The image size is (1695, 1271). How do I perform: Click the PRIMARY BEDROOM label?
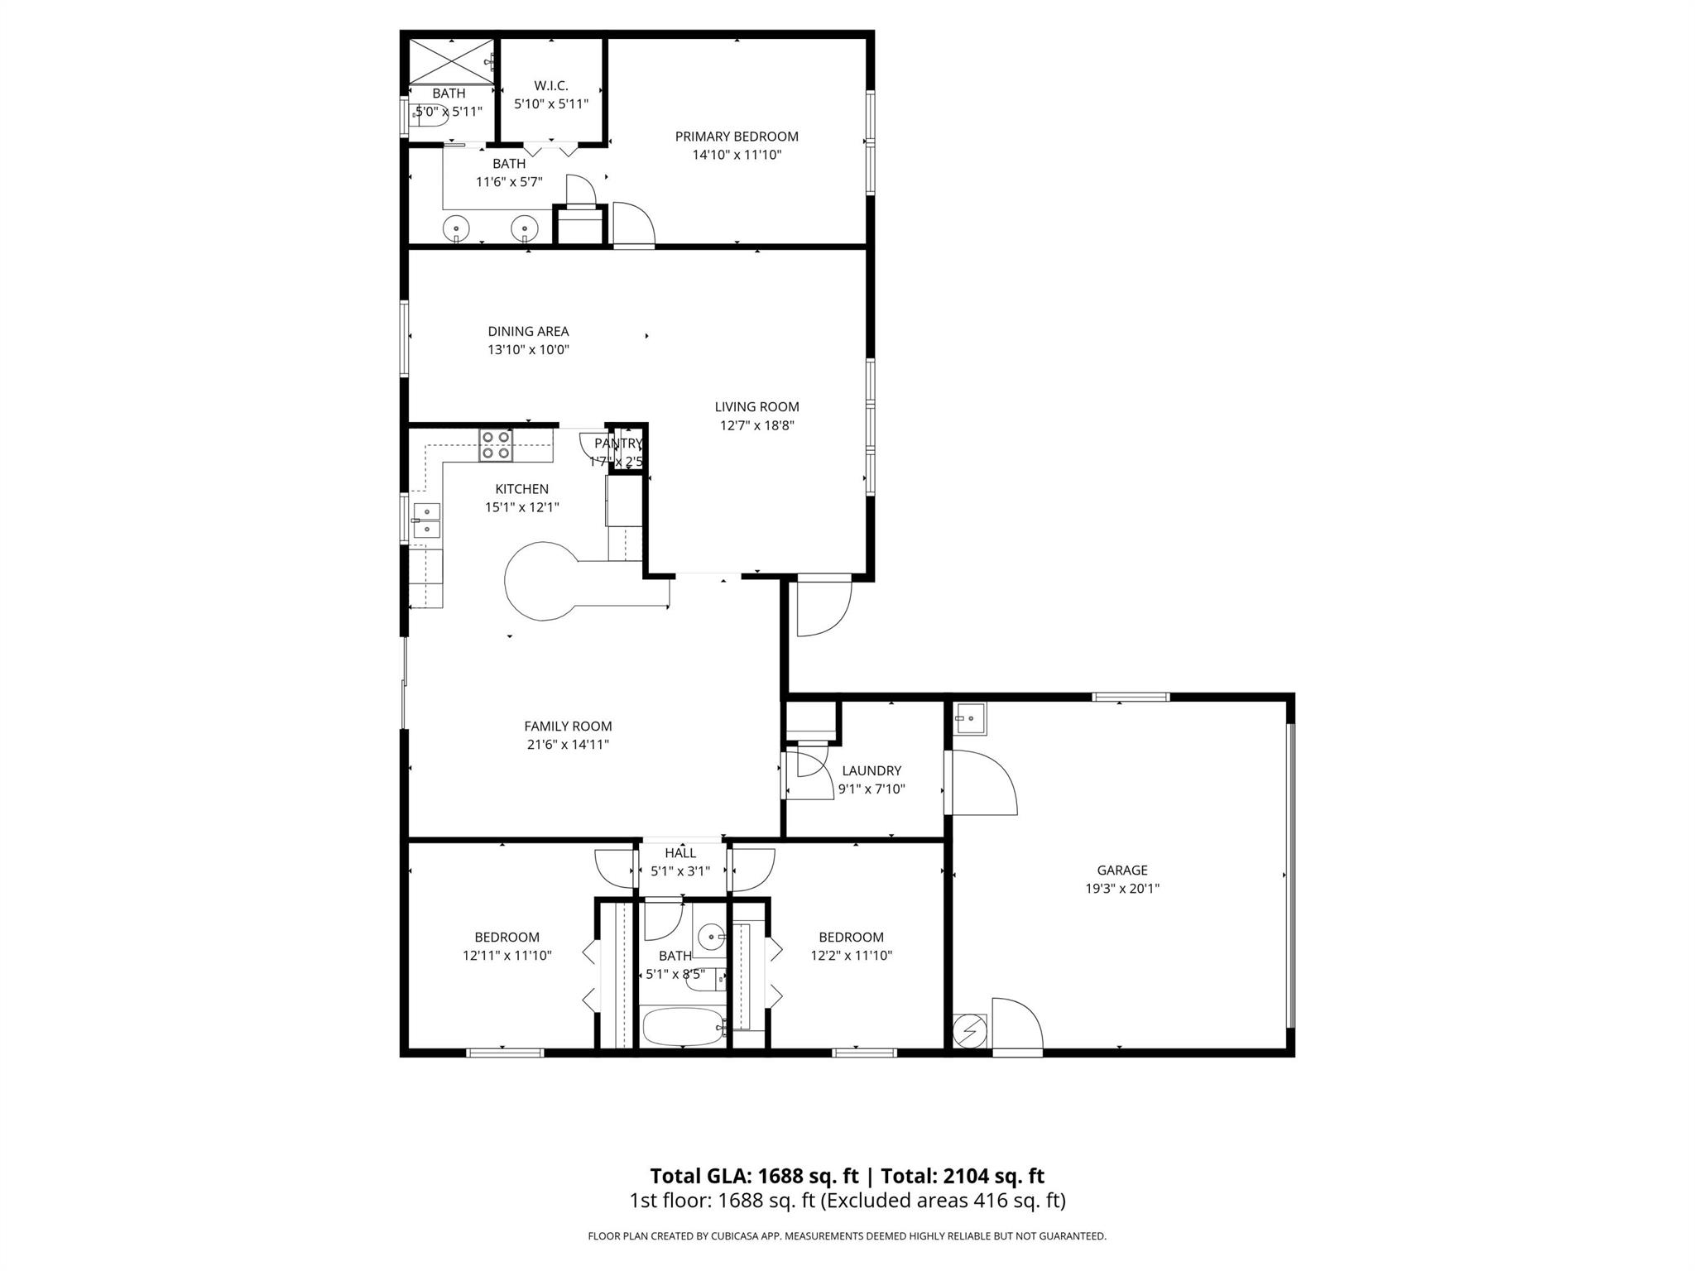(x=736, y=137)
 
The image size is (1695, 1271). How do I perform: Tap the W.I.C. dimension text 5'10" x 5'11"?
(x=551, y=104)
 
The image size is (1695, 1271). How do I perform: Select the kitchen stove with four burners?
(x=496, y=445)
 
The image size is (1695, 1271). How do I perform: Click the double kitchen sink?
(x=427, y=520)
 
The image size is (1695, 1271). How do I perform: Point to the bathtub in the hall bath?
(x=681, y=1026)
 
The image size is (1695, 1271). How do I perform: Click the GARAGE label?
(x=1121, y=870)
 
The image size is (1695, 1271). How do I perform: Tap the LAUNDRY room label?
(x=871, y=770)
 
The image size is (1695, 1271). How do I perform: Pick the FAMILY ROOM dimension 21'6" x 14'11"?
(x=568, y=744)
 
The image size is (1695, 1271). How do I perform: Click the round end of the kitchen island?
(x=540, y=581)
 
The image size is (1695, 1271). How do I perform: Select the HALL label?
(x=680, y=852)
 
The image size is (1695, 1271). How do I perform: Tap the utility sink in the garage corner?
(x=969, y=718)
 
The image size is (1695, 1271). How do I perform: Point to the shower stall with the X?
(x=451, y=60)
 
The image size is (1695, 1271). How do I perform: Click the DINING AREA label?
(x=528, y=331)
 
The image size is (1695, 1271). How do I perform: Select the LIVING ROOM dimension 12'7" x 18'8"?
(x=756, y=425)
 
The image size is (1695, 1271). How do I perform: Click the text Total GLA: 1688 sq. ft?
(x=754, y=1176)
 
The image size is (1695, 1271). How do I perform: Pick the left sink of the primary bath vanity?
(x=456, y=227)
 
